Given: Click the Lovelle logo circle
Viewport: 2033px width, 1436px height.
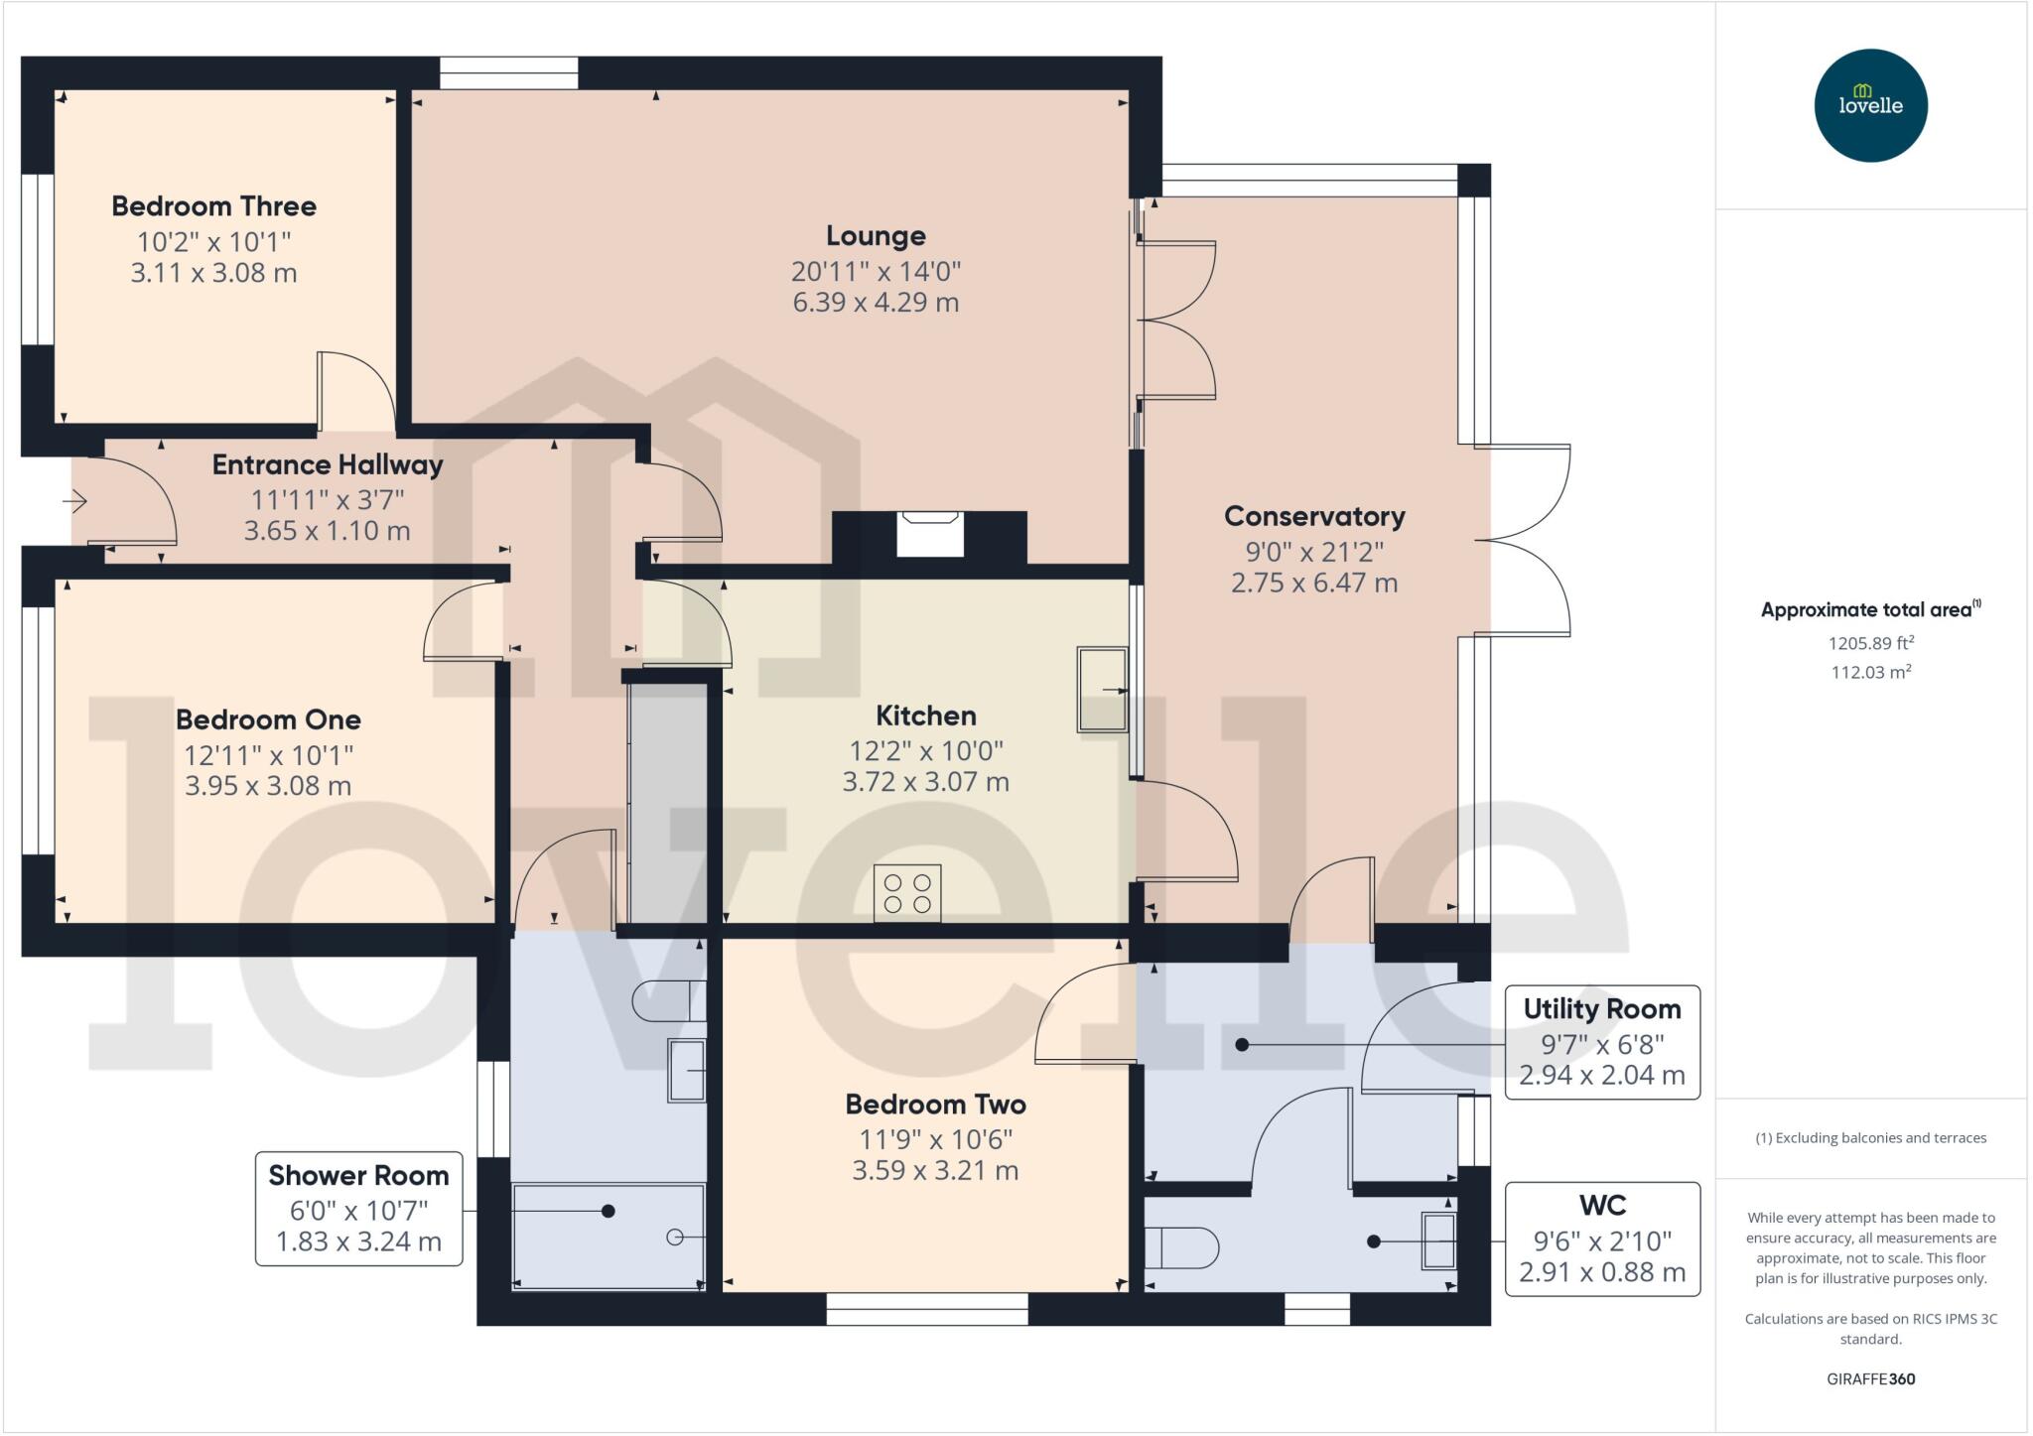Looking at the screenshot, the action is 1870,105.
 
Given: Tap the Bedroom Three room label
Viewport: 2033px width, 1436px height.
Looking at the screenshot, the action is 213,206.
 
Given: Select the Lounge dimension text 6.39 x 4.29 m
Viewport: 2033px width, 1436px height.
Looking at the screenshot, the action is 876,302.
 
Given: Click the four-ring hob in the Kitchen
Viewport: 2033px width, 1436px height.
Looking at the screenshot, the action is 907,893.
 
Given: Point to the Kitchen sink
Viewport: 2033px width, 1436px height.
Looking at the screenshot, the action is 1103,690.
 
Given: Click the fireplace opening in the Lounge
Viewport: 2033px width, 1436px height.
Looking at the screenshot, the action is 930,534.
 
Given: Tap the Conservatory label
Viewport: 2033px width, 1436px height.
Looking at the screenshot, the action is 1314,516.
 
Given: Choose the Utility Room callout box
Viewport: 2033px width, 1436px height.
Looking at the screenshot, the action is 1602,1042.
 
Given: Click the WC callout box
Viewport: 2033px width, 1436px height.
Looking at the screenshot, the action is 1602,1239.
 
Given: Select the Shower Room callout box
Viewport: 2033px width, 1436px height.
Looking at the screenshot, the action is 358,1208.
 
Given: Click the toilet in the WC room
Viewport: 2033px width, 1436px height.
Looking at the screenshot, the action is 1181,1248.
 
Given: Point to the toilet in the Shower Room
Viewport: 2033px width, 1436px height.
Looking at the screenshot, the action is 669,1000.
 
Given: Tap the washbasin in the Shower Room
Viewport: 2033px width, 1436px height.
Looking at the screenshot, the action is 687,1071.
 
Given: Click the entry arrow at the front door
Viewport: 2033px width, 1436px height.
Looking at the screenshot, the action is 75,502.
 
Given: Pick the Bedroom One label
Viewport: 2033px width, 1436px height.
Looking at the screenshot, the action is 268,719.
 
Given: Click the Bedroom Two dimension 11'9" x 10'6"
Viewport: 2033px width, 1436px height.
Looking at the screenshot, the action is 935,1139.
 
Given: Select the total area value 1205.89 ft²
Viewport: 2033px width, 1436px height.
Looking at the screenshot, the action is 1870,643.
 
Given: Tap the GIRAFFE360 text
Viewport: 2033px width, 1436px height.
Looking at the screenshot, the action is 1870,1378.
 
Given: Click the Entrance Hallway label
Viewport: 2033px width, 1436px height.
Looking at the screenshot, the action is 328,464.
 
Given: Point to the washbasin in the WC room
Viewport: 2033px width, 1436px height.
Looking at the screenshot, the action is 1438,1240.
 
